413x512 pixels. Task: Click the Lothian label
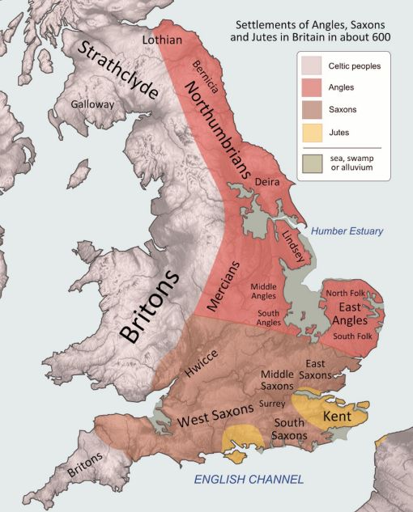(x=162, y=39)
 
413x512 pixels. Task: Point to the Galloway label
(x=92, y=104)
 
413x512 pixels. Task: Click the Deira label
(x=267, y=183)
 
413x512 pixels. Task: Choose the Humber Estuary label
(x=348, y=231)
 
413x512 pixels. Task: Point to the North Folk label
(x=346, y=293)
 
